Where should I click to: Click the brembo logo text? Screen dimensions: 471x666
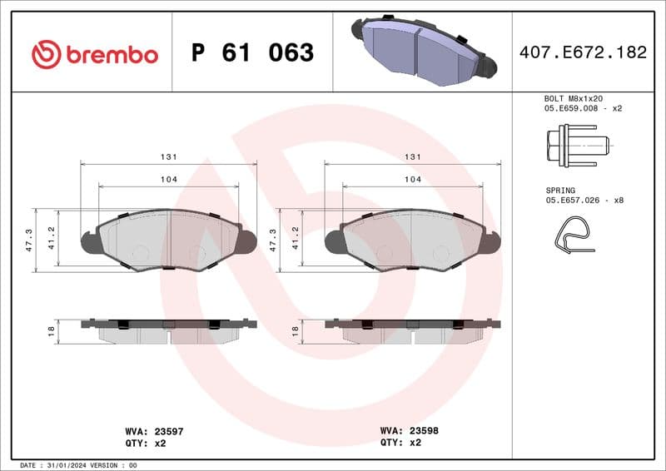pos(111,55)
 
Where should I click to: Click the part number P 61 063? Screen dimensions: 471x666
pos(252,53)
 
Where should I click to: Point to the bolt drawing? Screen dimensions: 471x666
pos(576,145)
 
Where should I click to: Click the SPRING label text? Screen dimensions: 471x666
pos(562,191)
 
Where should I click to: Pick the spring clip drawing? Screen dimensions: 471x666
pos(573,235)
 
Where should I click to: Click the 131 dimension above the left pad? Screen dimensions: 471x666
pos(168,156)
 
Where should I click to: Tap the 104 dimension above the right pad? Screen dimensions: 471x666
pos(411,179)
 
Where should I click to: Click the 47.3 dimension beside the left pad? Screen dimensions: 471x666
pos(29,240)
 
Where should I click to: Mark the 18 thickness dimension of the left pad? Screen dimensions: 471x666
pos(51,330)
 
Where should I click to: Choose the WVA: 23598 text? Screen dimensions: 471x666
pos(410,432)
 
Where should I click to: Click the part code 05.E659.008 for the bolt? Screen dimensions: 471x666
pos(574,108)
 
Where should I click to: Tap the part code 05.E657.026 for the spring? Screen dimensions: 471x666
pos(574,201)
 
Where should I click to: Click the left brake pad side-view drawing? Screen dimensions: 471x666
pos(168,330)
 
